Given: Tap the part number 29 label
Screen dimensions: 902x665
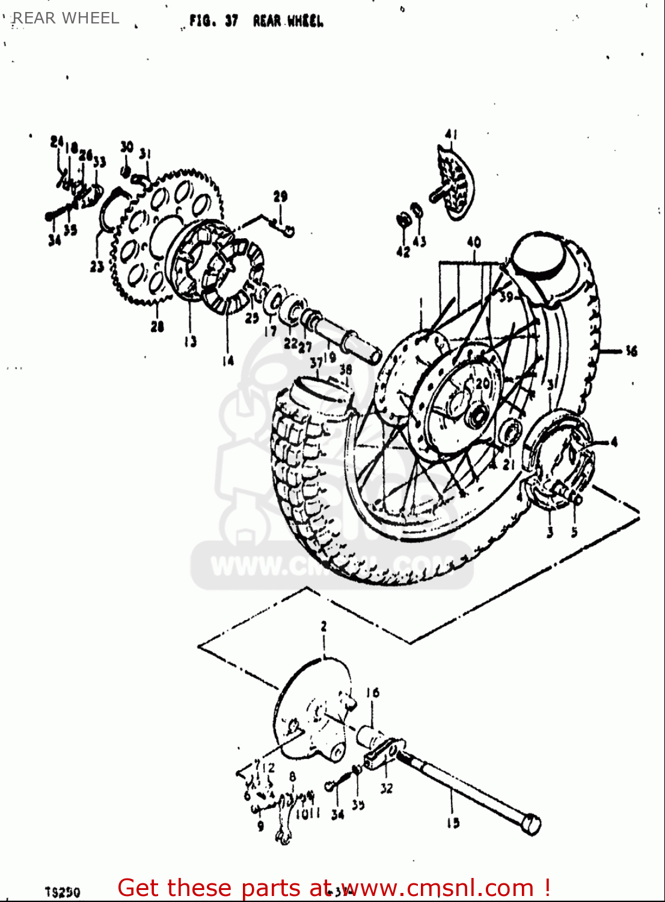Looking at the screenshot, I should click(280, 196).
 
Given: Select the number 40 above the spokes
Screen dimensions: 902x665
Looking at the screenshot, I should click(474, 242).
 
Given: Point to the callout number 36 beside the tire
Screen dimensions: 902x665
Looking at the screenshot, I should click(631, 351).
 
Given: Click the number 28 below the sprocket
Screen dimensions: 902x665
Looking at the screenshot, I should click(157, 327).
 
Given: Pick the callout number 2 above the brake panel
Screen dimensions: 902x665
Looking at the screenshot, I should click(323, 627).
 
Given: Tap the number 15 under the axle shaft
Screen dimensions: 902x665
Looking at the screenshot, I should click(453, 823).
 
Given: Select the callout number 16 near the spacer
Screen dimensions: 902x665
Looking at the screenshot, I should click(373, 693).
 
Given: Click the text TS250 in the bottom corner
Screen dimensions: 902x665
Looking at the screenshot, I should click(62, 892).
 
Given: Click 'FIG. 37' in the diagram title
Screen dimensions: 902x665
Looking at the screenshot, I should click(213, 22).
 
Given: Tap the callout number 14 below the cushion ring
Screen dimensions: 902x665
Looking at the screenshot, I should click(227, 361).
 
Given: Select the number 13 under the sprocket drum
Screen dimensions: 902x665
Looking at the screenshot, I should click(190, 342).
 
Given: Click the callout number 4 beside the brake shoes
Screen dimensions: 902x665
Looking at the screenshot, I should click(614, 443).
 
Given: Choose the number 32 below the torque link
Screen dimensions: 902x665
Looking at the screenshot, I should click(386, 788).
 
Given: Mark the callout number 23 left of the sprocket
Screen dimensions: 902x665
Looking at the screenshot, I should click(97, 266).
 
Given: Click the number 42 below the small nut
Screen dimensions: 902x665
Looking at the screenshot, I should click(402, 251).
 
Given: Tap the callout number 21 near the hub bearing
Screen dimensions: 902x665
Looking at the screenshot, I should click(509, 464).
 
